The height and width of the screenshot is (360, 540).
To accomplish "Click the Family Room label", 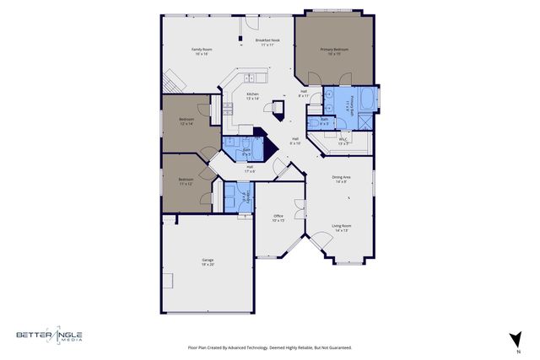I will pyautogui.click(x=202, y=52).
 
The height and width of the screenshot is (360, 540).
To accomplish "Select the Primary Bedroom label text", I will pyautogui.click(x=333, y=52).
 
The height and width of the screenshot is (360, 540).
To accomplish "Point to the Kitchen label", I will pyautogui.click(x=252, y=96).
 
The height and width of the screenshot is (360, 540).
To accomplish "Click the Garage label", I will pyautogui.click(x=208, y=261).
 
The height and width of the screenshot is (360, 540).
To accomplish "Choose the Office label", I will pyautogui.click(x=278, y=218).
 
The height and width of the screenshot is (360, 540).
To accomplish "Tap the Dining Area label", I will pyautogui.click(x=341, y=179).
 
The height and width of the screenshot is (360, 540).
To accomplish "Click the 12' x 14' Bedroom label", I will pyautogui.click(x=186, y=121).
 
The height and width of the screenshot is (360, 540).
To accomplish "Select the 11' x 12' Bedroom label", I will pyautogui.click(x=186, y=181).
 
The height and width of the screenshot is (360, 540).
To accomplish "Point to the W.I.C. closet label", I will pyautogui.click(x=343, y=142).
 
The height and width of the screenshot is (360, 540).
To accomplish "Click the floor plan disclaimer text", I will pyautogui.click(x=269, y=347).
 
